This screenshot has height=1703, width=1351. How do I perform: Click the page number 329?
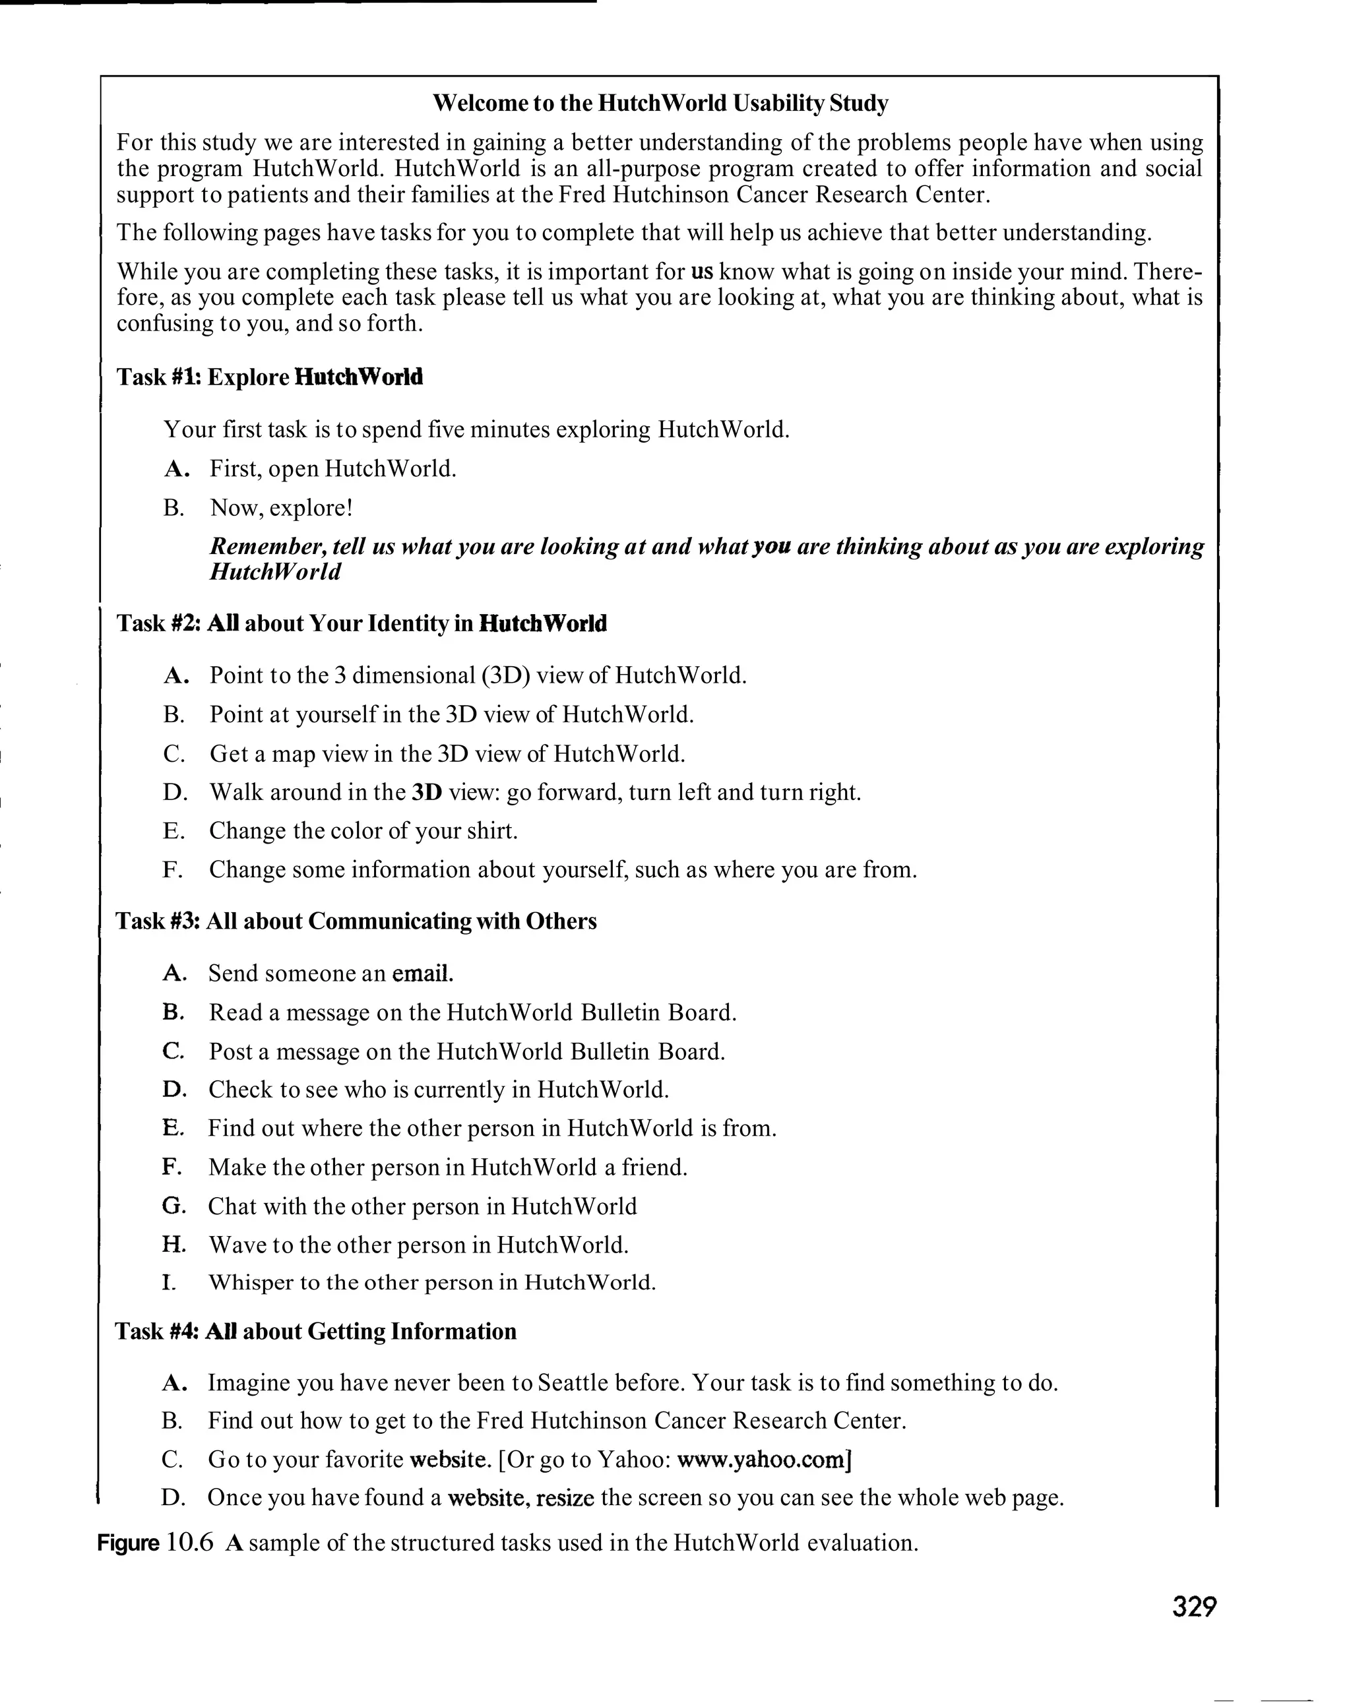tap(1194, 1606)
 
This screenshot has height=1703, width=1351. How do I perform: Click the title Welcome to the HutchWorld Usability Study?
tap(660, 103)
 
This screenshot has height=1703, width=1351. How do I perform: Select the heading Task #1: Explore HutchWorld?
tap(269, 377)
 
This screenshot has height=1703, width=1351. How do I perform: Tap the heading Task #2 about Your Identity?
tap(361, 623)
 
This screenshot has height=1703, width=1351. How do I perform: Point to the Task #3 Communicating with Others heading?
tap(356, 921)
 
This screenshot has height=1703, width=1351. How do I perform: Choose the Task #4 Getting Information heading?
tap(315, 1331)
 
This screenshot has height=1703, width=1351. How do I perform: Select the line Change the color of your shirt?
tap(363, 831)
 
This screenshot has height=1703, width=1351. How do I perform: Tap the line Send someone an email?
tap(331, 973)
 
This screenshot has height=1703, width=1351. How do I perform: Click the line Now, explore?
tap(281, 507)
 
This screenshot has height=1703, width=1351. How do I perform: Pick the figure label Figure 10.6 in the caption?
tap(155, 1543)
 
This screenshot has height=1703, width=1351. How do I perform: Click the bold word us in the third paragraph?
tap(702, 272)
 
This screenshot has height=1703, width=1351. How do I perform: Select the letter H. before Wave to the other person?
tap(173, 1244)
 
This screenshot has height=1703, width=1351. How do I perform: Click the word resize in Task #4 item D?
tap(565, 1498)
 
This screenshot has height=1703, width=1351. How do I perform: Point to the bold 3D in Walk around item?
tap(427, 792)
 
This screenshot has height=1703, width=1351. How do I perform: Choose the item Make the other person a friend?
tap(447, 1167)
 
